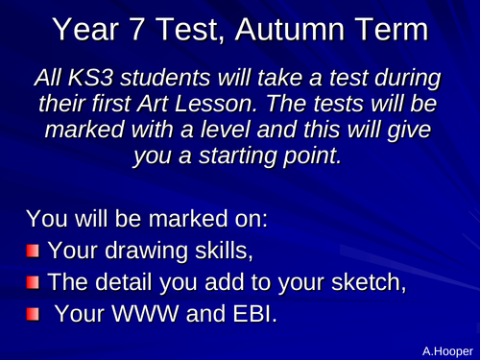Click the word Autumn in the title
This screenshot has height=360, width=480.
coord(290,29)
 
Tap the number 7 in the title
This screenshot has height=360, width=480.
coord(136,29)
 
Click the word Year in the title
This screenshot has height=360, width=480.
coord(85,29)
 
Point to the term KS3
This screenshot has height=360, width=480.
coord(90,78)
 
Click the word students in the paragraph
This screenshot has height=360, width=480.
coord(166,78)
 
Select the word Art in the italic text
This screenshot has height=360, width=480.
coord(153,104)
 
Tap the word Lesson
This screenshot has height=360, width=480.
coord(216,104)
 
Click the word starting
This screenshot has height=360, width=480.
coord(237,156)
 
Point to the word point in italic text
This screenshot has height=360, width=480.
coord(313,156)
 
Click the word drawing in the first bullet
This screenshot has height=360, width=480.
coord(146,251)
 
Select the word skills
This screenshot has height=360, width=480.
coord(224,251)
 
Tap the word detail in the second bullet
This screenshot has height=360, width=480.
coord(124,282)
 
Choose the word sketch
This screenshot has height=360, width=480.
coord(369,282)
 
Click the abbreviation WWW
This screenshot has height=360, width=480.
coord(145,313)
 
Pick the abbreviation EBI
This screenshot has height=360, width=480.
coord(254,313)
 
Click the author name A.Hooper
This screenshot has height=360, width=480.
coord(447,351)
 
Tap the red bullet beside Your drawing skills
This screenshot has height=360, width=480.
coord(33,251)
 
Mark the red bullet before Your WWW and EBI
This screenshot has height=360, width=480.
coord(33,314)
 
